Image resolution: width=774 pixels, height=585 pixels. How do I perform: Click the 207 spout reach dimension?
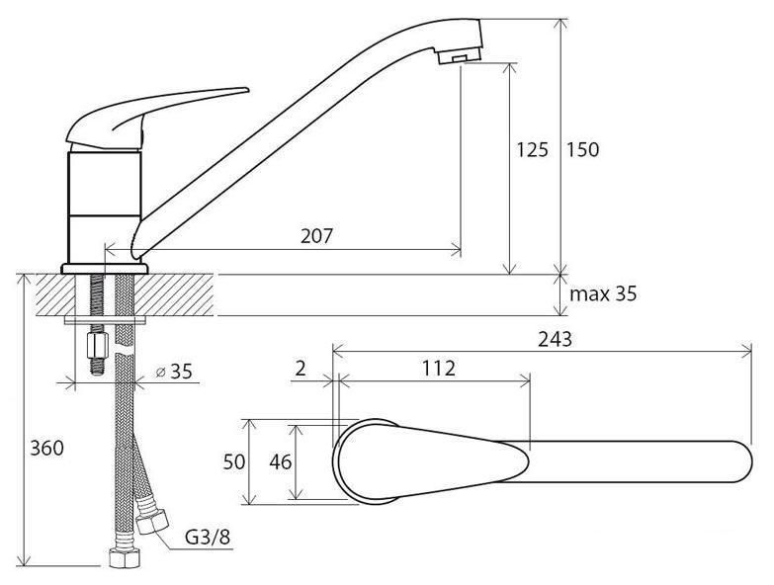click(x=317, y=236)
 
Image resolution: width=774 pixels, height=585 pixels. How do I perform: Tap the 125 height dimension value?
click(x=532, y=149)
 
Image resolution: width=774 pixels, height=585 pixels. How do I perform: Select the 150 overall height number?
click(x=582, y=149)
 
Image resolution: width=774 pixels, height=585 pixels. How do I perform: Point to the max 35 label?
click(x=603, y=293)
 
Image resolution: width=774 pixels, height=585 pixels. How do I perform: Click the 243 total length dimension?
click(x=555, y=339)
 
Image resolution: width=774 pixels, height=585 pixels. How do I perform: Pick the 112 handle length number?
click(x=438, y=368)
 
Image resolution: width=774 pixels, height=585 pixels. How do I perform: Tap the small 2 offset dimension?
click(x=301, y=368)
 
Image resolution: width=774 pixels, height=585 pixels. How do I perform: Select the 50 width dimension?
click(x=234, y=462)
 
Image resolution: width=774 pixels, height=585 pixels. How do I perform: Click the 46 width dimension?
click(x=280, y=462)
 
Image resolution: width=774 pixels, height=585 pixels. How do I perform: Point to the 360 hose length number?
click(x=46, y=448)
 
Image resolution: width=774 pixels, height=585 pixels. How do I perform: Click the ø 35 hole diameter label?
click(x=174, y=371)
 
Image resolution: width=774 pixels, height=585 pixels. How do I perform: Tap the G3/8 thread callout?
click(x=208, y=537)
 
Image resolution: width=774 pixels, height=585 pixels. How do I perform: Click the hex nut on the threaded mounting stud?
click(x=97, y=345)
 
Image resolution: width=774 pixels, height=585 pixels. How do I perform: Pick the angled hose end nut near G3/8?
click(x=152, y=519)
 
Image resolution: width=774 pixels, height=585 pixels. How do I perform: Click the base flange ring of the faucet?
click(x=105, y=269)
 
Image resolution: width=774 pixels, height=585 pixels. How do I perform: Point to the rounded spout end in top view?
click(x=744, y=461)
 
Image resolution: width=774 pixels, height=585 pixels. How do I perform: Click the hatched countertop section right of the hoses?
click(x=174, y=294)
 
